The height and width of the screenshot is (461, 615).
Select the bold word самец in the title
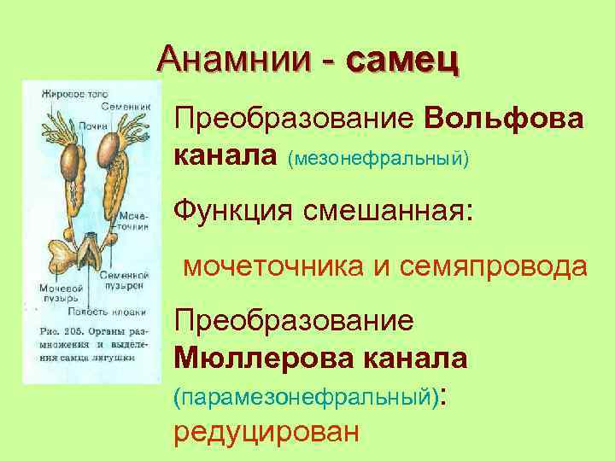tap(401, 60)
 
